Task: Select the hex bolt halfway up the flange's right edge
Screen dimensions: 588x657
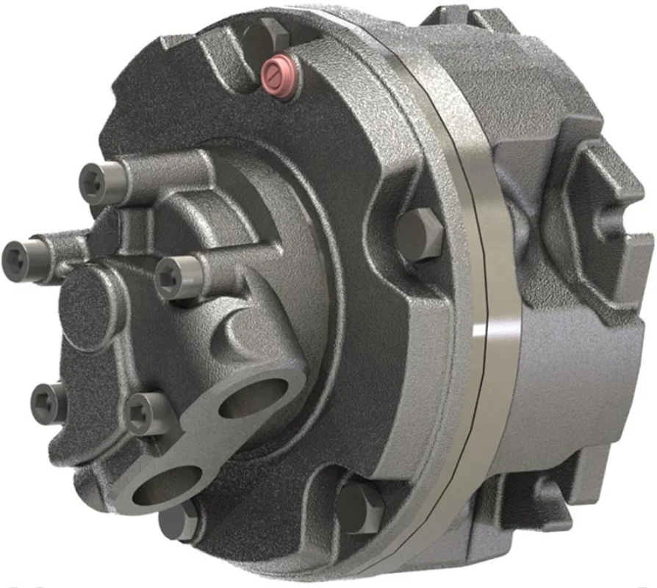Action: coord(421,234)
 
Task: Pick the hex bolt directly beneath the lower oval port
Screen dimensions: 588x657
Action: coord(179,520)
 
